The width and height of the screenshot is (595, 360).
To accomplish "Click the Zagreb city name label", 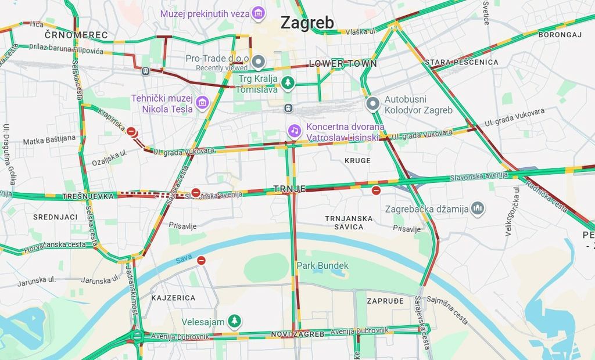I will click(307, 23).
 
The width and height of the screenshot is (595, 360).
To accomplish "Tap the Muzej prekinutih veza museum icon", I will click(259, 13).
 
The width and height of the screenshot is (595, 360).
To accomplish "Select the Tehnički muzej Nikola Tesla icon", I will click(202, 103).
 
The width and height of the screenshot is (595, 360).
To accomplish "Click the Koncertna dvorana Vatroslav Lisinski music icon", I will click(295, 131).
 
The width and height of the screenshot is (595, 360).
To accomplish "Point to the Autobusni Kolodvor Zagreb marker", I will click(373, 104).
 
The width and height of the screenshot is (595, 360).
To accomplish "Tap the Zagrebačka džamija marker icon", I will click(478, 208).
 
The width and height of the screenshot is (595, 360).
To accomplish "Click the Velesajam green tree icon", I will click(234, 321).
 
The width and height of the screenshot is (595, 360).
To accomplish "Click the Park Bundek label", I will click(322, 265).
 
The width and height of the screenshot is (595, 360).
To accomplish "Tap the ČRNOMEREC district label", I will click(76, 35).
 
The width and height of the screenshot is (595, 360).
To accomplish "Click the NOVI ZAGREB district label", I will click(297, 334).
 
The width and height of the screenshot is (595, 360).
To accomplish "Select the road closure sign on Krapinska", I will click(132, 132).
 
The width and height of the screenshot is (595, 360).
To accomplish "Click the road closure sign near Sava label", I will click(201, 261).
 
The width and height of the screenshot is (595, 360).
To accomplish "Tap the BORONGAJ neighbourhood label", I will click(560, 35).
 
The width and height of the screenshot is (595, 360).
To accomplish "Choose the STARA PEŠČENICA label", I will click(461, 62).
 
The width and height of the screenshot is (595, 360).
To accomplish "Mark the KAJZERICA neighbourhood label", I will click(173, 298).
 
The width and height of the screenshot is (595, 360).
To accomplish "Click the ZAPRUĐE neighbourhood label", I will click(385, 301).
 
